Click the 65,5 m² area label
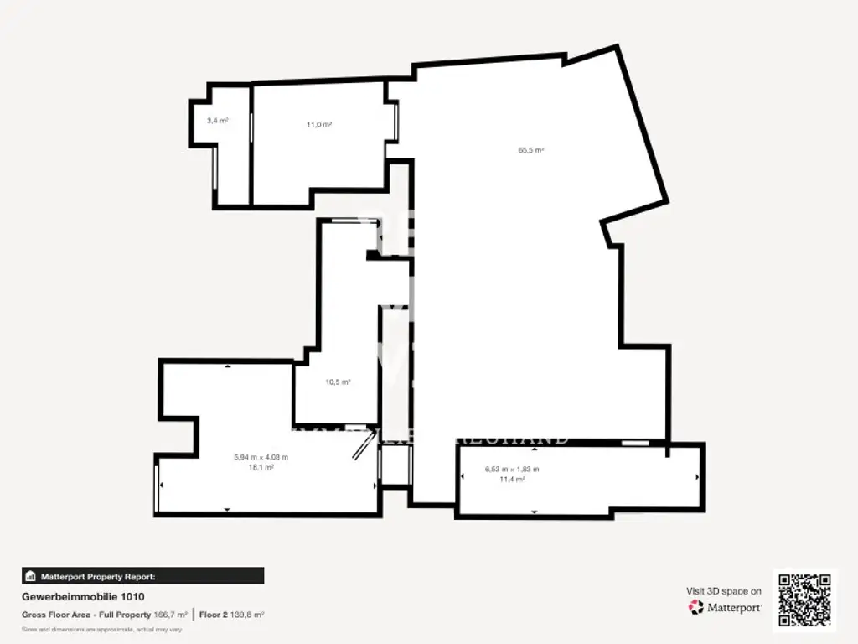pyautogui.click(x=531, y=150)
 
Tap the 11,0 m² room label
pyautogui.click(x=318, y=124)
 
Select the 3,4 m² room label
pyautogui.click(x=218, y=121)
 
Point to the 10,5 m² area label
pyautogui.click(x=338, y=382)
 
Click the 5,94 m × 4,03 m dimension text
pyautogui.click(x=261, y=457)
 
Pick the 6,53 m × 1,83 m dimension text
pyautogui.click(x=512, y=469)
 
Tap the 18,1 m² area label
pyautogui.click(x=261, y=467)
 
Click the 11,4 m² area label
pyautogui.click(x=512, y=479)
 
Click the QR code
pyautogui.click(x=804, y=600)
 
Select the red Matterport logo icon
pyautogui.click(x=695, y=607)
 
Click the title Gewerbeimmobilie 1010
pyautogui.click(x=83, y=597)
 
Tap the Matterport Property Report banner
pyautogui.click(x=142, y=576)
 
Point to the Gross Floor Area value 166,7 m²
pyautogui.click(x=171, y=615)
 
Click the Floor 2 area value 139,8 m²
pyautogui.click(x=247, y=615)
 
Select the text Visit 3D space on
pyautogui.click(x=724, y=591)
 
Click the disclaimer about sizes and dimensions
pyautogui.click(x=101, y=629)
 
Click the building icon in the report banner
pyautogui.click(x=31, y=576)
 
